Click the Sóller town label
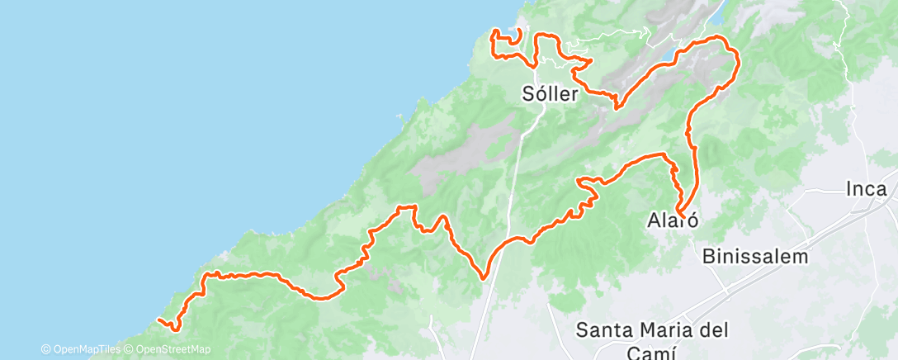tap(552, 92)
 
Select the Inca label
tap(866, 189)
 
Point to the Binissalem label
tap(755, 256)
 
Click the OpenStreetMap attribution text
tap(169, 349)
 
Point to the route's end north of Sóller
tap(520, 31)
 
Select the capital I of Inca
tap(848, 189)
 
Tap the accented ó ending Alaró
tap(694, 221)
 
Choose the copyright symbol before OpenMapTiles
tap(45, 349)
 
